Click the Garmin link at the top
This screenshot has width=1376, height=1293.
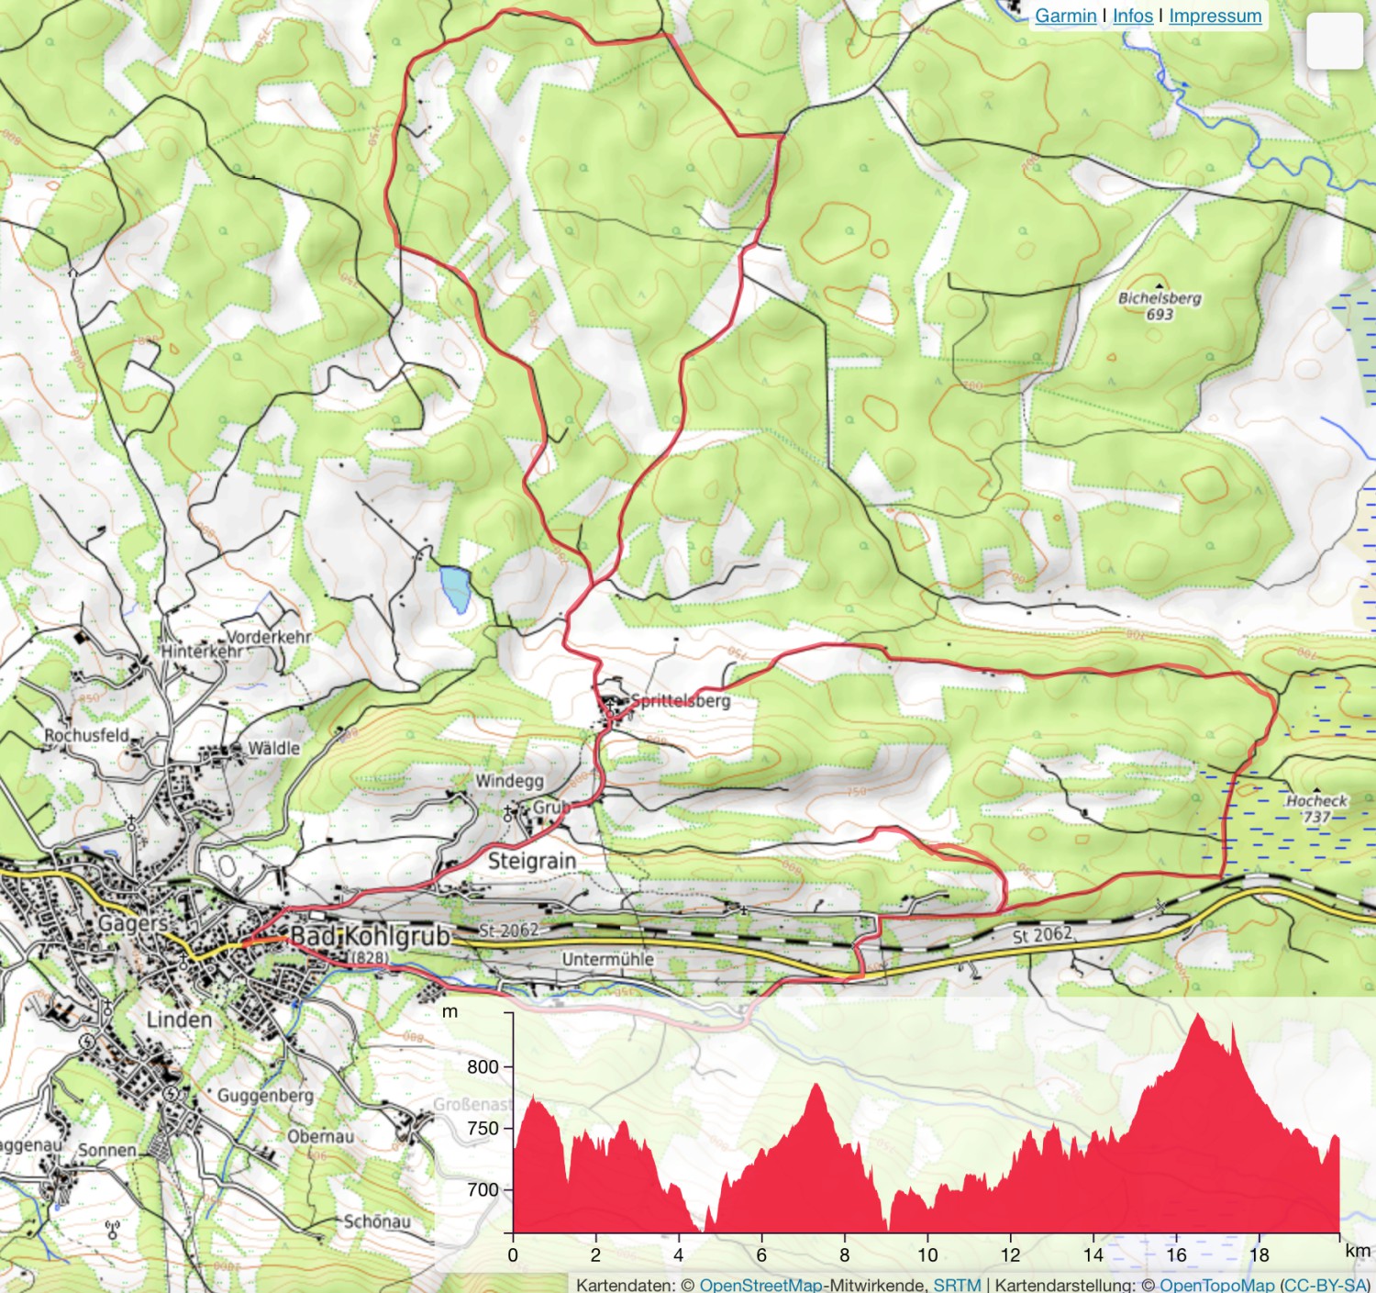tap(1065, 16)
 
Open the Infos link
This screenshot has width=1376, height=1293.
tap(1132, 16)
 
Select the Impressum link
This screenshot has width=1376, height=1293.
tap(1215, 16)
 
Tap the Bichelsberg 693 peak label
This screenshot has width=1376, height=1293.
tap(1160, 306)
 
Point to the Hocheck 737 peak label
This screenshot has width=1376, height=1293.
tap(1316, 808)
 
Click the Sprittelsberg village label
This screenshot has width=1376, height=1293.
tap(680, 701)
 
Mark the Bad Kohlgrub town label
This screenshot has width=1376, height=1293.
tap(371, 936)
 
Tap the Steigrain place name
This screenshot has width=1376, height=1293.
tap(532, 861)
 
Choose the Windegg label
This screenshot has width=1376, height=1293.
tap(509, 781)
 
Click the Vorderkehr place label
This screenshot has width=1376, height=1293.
tap(269, 637)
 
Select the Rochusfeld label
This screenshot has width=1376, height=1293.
tap(87, 735)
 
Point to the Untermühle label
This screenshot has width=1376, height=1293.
tap(607, 959)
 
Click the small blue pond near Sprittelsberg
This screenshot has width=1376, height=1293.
tap(455, 588)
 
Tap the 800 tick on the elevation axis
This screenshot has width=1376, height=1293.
tap(483, 1066)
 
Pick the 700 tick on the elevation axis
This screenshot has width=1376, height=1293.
tap(483, 1189)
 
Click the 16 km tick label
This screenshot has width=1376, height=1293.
tap(1176, 1254)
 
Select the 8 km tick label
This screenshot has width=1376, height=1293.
tap(844, 1254)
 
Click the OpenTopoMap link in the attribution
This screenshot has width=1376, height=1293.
tap(1216, 1284)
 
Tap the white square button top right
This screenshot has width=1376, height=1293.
tap(1334, 41)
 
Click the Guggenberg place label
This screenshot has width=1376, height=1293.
tap(265, 1096)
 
